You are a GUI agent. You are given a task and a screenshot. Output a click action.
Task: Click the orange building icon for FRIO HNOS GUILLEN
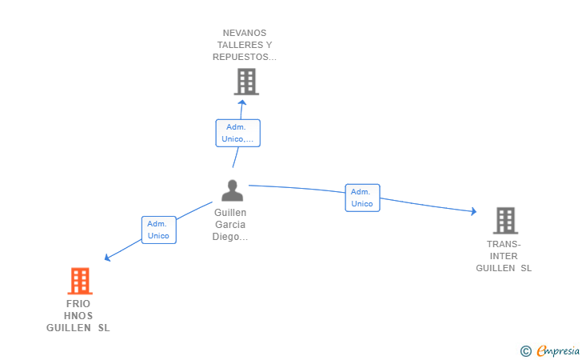tap(80, 281)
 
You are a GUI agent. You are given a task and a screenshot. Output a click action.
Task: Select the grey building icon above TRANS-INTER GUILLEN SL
tap(505, 221)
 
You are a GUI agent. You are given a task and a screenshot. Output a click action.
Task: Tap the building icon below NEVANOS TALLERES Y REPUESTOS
tap(246, 82)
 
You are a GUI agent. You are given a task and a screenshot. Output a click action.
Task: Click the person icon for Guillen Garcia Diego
tap(233, 190)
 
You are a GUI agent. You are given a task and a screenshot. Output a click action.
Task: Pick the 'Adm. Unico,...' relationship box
tap(238, 133)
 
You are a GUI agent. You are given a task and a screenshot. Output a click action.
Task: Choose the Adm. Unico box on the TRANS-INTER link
tap(362, 198)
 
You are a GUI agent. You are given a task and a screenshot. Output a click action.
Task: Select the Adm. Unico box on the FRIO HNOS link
tap(159, 230)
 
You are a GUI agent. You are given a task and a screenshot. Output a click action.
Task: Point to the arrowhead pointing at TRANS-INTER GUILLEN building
tap(473, 211)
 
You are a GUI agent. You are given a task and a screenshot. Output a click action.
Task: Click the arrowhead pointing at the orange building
tap(108, 257)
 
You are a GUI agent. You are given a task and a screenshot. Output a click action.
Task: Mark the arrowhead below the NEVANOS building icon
tap(242, 102)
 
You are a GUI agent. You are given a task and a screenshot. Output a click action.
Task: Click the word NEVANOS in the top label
tap(245, 33)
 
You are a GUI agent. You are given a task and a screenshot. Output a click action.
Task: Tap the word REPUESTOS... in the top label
tap(245, 57)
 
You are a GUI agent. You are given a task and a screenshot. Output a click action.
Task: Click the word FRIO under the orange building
tap(78, 304)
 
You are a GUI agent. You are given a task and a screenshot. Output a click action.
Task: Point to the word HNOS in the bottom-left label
tap(78, 316)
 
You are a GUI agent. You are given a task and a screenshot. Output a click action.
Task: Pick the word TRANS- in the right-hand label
tap(504, 244)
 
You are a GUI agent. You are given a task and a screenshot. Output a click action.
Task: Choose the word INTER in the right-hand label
tap(504, 256)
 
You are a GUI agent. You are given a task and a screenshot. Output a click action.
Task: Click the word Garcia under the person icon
tap(230, 224)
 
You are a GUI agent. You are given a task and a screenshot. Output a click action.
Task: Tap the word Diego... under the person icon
tap(230, 237)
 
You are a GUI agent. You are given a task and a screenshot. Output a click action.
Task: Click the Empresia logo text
tap(558, 350)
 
